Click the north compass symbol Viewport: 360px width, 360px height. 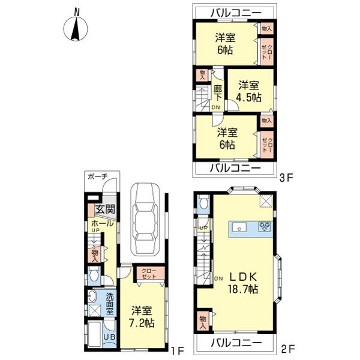click(x=76, y=27)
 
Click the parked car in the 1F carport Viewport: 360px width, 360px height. click(x=145, y=219)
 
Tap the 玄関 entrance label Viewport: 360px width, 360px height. click(x=105, y=209)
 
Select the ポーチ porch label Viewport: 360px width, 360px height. click(x=98, y=176)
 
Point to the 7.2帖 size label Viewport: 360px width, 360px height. click(x=142, y=323)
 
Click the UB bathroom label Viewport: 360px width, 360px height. click(x=109, y=337)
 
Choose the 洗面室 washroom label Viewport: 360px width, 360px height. click(x=110, y=304)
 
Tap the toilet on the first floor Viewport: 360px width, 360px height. click(x=94, y=275)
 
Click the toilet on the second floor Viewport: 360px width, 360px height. click(x=203, y=202)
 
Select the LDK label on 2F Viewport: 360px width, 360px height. click(x=243, y=277)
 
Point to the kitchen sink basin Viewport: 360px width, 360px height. click(x=239, y=229)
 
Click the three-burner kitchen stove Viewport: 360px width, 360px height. click(x=265, y=226)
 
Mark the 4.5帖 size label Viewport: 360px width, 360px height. click(x=249, y=98)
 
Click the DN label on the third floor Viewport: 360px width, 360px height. click(x=215, y=107)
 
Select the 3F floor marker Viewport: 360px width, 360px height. click(x=286, y=178)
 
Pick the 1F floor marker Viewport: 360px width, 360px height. click(x=178, y=350)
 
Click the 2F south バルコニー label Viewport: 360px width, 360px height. click(x=236, y=343)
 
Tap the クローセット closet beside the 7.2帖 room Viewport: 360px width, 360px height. click(x=149, y=274)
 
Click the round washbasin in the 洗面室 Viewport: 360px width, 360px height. click(x=92, y=296)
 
